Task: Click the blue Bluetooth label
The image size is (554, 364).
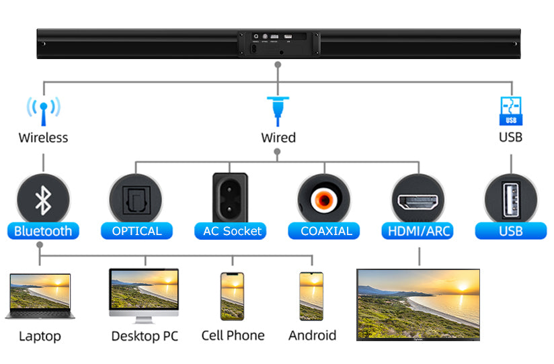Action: click(43, 231)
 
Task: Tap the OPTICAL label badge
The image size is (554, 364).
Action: click(136, 231)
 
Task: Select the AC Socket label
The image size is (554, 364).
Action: click(232, 231)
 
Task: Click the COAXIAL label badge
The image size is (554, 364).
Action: click(326, 231)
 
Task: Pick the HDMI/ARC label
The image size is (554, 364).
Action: click(419, 231)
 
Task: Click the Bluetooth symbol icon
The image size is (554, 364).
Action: click(43, 199)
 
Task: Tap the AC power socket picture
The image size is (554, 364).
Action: click(230, 197)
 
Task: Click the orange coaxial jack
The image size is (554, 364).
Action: click(325, 199)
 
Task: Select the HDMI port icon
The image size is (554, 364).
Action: click(418, 200)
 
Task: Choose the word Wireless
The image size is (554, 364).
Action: click(43, 138)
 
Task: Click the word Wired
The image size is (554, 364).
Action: click(278, 138)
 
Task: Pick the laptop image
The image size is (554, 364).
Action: click(40, 295)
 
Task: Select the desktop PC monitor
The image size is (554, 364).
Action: click(144, 294)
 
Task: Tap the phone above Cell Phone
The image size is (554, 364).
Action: click(232, 295)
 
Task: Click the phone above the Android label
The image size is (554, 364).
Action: click(311, 295)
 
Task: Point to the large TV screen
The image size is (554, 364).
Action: click(418, 304)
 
